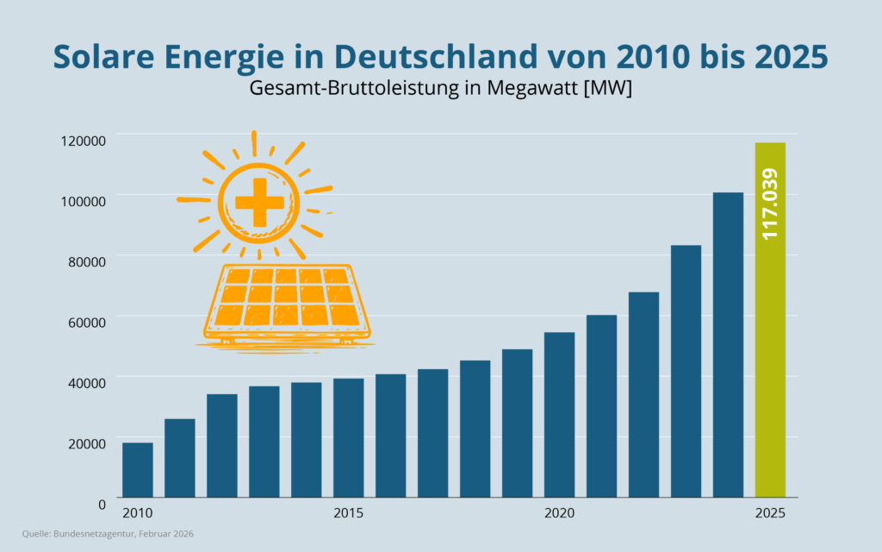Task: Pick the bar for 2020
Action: tap(559, 415)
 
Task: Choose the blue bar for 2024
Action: tap(728, 345)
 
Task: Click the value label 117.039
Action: tap(770, 204)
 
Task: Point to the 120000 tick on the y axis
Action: tap(83, 141)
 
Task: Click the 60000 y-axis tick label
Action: tap(86, 322)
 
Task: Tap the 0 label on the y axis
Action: tap(102, 503)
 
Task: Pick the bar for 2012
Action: tap(222, 446)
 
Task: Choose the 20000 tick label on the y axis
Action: tap(86, 442)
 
